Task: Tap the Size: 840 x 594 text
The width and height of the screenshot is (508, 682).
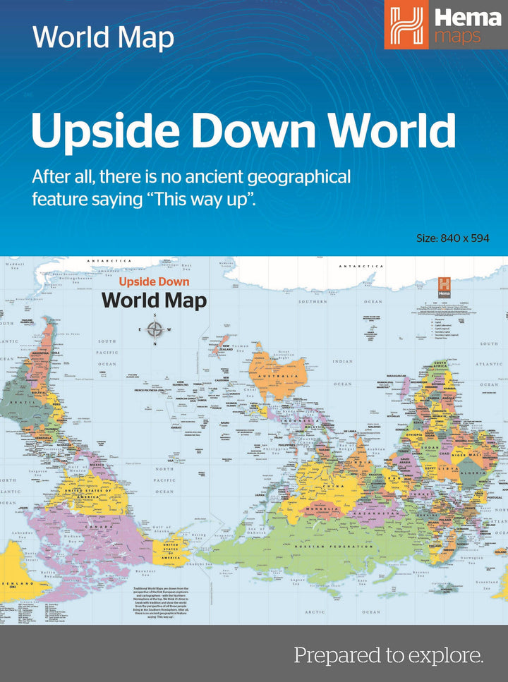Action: pyautogui.click(x=452, y=238)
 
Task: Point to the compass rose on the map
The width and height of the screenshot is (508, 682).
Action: pyautogui.click(x=155, y=329)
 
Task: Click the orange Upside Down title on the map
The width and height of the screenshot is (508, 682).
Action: pyautogui.click(x=155, y=281)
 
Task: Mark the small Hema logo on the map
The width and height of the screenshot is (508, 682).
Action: pyautogui.click(x=445, y=285)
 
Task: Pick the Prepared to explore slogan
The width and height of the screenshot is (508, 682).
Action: pyautogui.click(x=389, y=656)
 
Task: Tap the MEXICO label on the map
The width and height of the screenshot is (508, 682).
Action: pyautogui.click(x=97, y=465)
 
